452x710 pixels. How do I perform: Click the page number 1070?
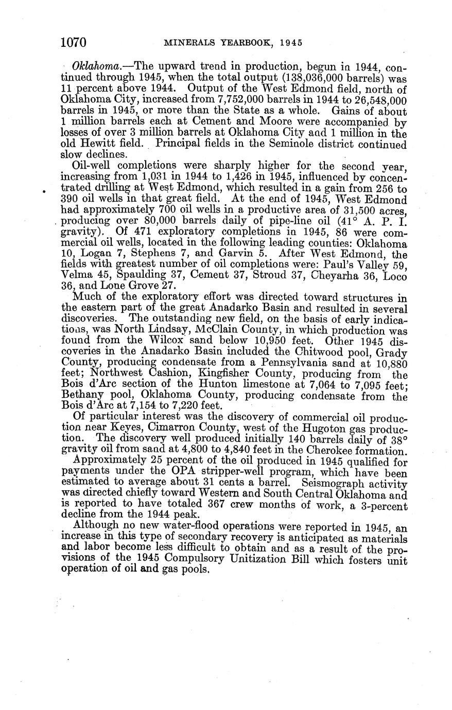pyautogui.click(x=73, y=42)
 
